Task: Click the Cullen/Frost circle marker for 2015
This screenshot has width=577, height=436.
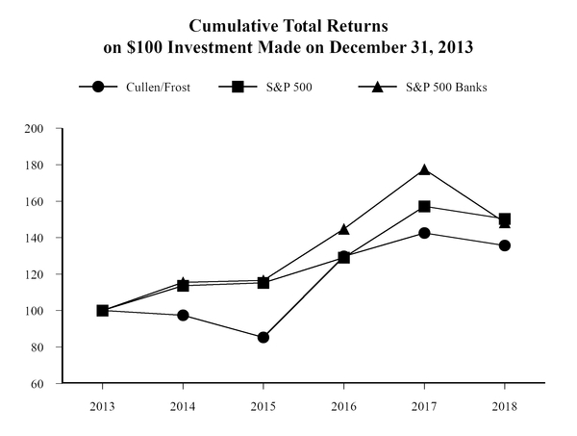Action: click(263, 338)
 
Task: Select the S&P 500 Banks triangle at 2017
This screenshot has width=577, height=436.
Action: click(424, 169)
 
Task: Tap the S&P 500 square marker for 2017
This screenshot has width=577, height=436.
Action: click(424, 206)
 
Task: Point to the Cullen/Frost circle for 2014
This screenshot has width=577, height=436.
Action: click(183, 315)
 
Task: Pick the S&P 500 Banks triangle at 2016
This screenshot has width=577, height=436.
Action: click(343, 229)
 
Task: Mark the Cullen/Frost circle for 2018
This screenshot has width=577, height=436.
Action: click(505, 245)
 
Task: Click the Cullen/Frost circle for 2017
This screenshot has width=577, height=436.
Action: click(424, 233)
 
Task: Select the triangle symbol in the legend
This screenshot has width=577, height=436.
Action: click(378, 87)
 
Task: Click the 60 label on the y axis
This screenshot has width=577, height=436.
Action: click(47, 383)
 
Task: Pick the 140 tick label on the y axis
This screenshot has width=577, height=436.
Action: click(44, 238)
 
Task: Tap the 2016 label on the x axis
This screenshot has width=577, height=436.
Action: click(343, 406)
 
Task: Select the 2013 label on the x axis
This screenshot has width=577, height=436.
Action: click(102, 406)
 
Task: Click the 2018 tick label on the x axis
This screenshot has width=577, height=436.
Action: click(505, 406)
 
